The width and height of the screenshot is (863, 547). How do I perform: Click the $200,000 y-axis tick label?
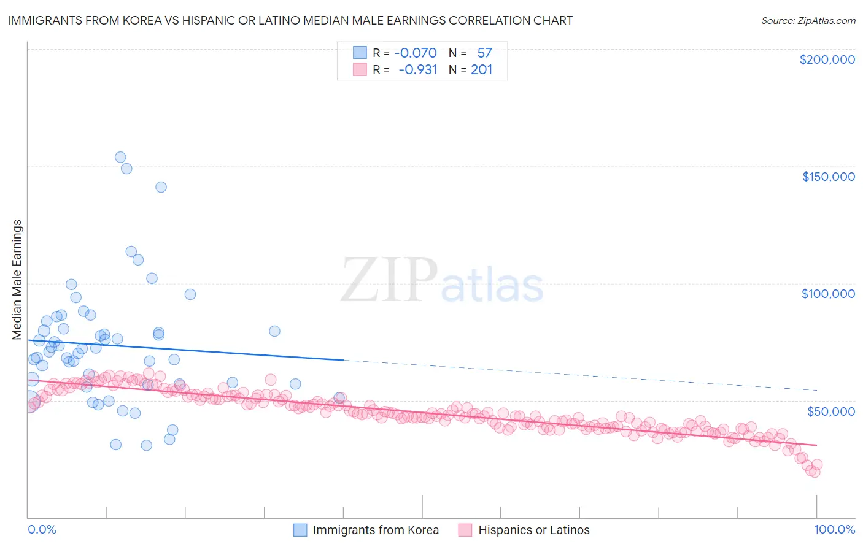827,59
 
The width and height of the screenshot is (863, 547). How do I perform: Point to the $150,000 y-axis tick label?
828,177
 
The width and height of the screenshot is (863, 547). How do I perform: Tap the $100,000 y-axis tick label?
828,294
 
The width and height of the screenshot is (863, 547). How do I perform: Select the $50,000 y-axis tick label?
830,411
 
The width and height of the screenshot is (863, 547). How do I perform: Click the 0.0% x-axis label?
42,529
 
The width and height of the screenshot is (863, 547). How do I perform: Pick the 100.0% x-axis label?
834,529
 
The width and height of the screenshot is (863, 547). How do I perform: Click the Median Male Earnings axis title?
17,280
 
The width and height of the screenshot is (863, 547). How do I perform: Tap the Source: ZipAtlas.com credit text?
808,21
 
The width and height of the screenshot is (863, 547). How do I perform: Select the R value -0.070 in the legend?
416,53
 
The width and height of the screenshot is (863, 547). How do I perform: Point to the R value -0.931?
417,69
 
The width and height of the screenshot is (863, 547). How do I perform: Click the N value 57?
484,53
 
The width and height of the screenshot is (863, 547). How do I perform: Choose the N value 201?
482,69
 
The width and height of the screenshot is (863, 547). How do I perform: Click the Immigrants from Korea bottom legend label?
376,530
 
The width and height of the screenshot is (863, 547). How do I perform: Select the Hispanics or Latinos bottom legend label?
533,530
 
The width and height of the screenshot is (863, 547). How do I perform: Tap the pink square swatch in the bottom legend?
465,530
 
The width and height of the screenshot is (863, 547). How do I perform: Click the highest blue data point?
120,157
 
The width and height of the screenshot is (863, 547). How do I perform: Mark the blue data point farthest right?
339,398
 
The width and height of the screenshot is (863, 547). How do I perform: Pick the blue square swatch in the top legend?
359,53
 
